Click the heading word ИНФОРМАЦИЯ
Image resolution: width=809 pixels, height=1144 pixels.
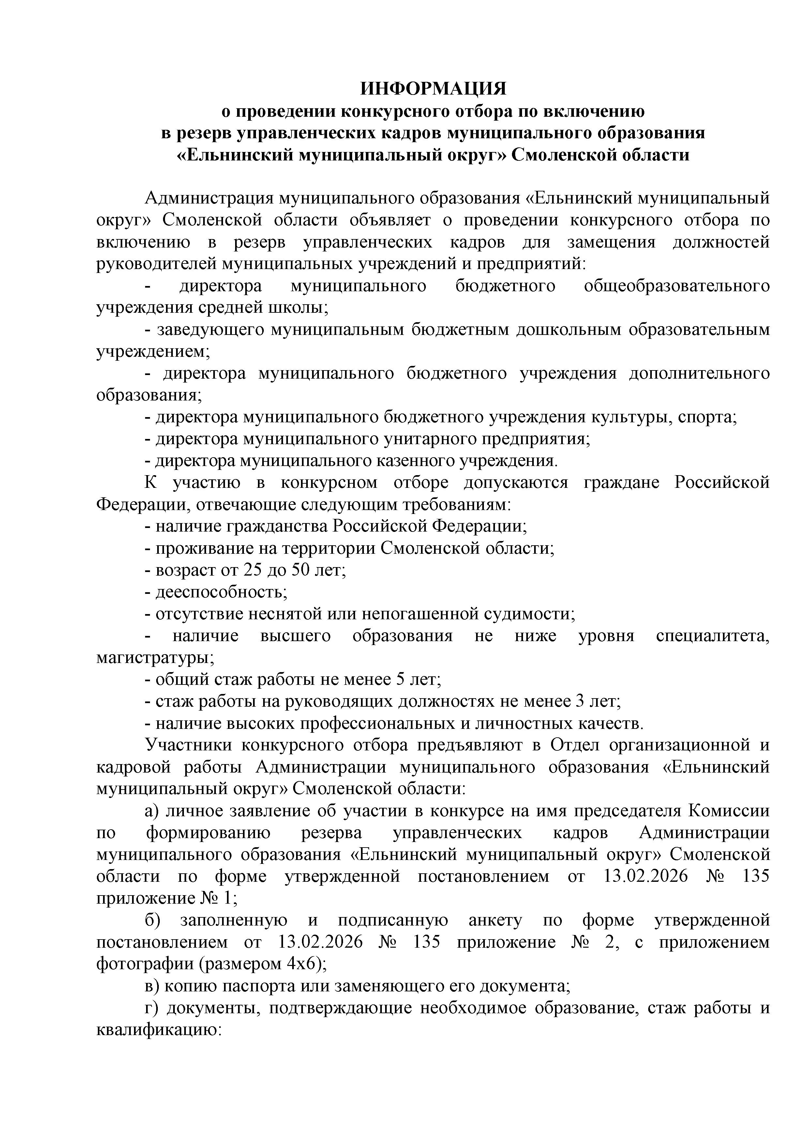point(433,89)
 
